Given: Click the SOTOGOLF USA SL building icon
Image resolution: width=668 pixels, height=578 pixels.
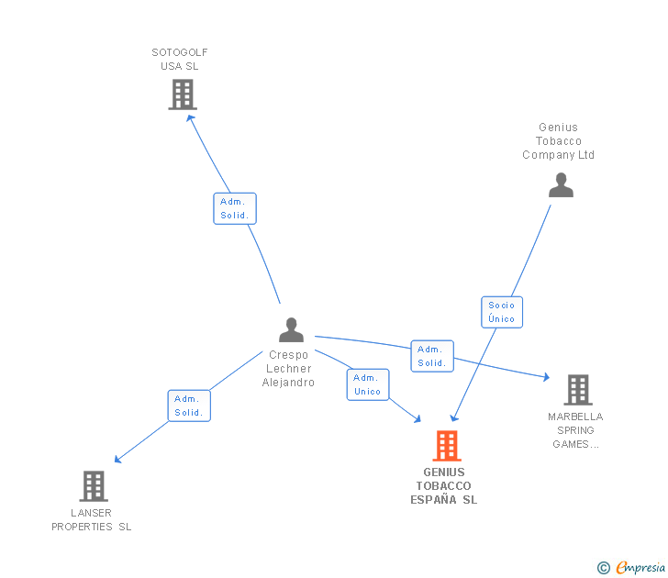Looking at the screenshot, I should (183, 94).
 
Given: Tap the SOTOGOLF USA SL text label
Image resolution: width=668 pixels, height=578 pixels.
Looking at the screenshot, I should (180, 60).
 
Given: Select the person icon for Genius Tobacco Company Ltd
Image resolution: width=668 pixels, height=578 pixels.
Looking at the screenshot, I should (561, 185).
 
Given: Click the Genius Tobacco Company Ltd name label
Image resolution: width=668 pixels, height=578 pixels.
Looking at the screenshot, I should (559, 141).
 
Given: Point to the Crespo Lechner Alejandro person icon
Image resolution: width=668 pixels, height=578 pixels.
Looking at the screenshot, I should (291, 330).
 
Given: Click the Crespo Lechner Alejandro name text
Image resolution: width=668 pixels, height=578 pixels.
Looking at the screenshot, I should (288, 369).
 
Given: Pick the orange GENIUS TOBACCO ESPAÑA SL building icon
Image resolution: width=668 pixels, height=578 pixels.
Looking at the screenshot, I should (447, 446).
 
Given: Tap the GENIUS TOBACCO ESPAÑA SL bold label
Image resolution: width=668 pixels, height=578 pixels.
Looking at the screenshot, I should (444, 486).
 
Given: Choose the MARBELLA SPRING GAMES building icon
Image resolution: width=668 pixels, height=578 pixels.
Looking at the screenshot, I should (577, 390).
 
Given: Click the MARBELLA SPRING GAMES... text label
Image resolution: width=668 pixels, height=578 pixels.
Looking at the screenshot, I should (575, 430).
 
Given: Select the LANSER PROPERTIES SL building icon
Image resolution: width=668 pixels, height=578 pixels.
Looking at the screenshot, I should (94, 486).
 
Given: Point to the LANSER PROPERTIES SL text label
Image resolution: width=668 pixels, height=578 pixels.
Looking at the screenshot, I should (92, 520).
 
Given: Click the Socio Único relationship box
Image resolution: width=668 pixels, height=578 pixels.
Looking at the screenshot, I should (502, 312).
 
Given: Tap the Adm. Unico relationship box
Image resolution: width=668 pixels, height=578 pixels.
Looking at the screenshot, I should (367, 384).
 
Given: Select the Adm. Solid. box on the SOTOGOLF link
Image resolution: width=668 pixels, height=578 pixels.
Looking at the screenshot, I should (235, 208).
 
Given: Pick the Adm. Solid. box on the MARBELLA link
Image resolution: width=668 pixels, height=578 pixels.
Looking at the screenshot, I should (431, 356).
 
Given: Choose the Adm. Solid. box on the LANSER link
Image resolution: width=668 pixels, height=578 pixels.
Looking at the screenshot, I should (189, 406).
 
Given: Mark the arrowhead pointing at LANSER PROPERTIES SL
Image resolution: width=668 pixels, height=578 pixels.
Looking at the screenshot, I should (117, 460).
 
